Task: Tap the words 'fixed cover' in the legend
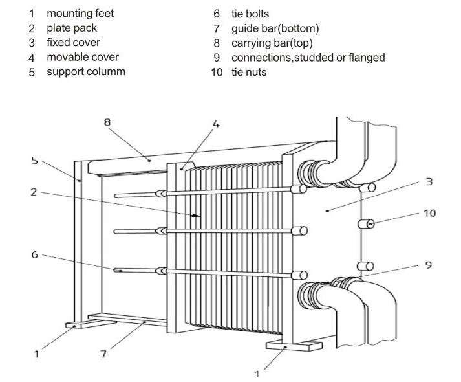coord(73,43)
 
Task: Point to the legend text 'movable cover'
coord(82,57)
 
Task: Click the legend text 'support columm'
coord(85,71)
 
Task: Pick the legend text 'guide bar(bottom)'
coord(275,28)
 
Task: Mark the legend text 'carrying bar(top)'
coord(272,43)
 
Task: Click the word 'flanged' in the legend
coord(366,57)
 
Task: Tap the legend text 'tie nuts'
coord(248,72)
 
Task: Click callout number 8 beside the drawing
coord(107,121)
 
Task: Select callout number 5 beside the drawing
coord(34,160)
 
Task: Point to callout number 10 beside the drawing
coord(429,212)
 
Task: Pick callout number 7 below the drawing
coord(103,354)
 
